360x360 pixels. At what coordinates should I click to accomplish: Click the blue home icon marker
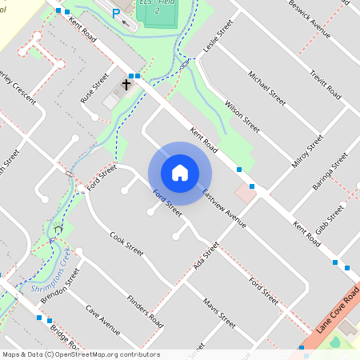pos(180,173)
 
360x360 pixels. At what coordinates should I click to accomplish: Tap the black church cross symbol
pos(126,83)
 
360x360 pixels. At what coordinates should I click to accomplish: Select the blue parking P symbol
pos(116,14)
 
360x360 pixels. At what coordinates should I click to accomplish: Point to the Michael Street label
pos(266,89)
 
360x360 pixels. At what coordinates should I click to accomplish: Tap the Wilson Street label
pos(242,117)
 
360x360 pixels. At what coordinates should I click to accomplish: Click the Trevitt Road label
pos(326,81)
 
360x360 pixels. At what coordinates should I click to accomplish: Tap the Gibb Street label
pos(330,217)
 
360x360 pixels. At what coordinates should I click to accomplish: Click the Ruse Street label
pos(94,88)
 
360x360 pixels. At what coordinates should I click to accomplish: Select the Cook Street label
pos(126,243)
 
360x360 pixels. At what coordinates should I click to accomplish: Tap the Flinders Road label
pos(145,311)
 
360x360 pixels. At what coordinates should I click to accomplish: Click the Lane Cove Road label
pos(337,312)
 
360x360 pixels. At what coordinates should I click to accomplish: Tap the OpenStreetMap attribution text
pos(81,354)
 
